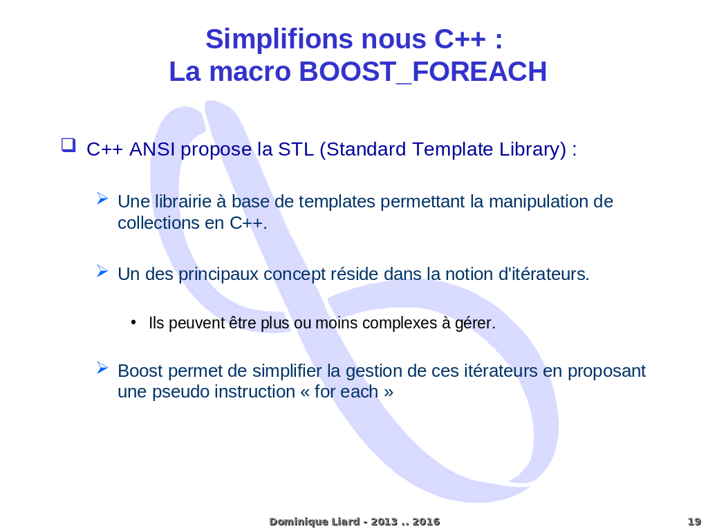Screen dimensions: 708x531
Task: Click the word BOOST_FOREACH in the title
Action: click(x=422, y=71)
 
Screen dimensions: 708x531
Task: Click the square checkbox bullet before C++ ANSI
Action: click(x=68, y=145)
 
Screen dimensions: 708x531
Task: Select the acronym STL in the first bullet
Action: click(x=296, y=149)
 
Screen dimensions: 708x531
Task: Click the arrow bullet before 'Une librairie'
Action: click(x=102, y=198)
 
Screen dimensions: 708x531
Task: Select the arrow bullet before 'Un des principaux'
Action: click(x=102, y=271)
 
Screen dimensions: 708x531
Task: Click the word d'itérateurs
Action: click(x=543, y=274)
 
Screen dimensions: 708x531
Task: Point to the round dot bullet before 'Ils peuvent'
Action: click(x=133, y=322)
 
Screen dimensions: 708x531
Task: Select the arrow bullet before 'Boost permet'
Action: click(x=102, y=368)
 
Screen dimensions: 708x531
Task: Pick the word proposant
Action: click(x=606, y=371)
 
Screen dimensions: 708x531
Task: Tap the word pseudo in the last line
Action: click(x=178, y=392)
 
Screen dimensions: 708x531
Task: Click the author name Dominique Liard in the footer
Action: click(x=315, y=521)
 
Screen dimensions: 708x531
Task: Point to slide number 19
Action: click(x=694, y=521)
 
